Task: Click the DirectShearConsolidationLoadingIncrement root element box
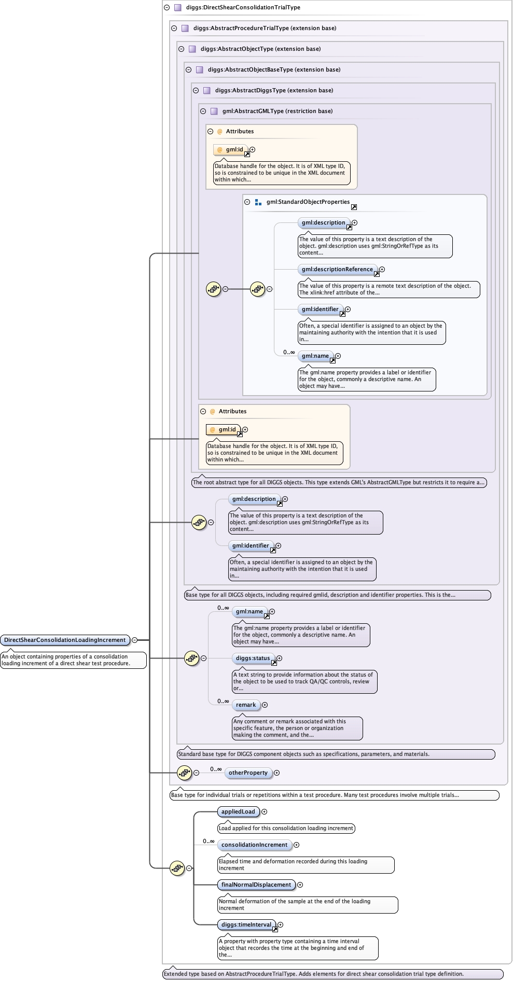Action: click(65, 640)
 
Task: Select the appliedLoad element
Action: click(238, 811)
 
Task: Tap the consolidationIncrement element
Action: click(254, 845)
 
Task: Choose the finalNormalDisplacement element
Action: click(256, 885)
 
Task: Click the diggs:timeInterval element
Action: click(246, 924)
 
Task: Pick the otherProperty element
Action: click(248, 773)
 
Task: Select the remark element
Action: click(246, 705)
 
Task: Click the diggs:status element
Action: click(253, 658)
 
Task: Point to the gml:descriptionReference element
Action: click(337, 269)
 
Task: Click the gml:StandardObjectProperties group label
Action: click(308, 202)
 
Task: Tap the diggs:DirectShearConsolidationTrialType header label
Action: click(243, 7)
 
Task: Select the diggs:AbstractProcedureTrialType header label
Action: click(265, 28)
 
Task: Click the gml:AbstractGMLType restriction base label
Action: click(278, 111)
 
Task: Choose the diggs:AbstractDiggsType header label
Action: click(274, 90)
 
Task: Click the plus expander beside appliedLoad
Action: click(264, 811)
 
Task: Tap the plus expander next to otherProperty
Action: click(276, 773)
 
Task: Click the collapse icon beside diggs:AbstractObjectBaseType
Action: click(188, 69)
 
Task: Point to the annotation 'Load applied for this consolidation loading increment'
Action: click(286, 828)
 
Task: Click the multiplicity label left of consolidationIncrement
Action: click(209, 841)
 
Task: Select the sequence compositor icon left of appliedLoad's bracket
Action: click(177, 867)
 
